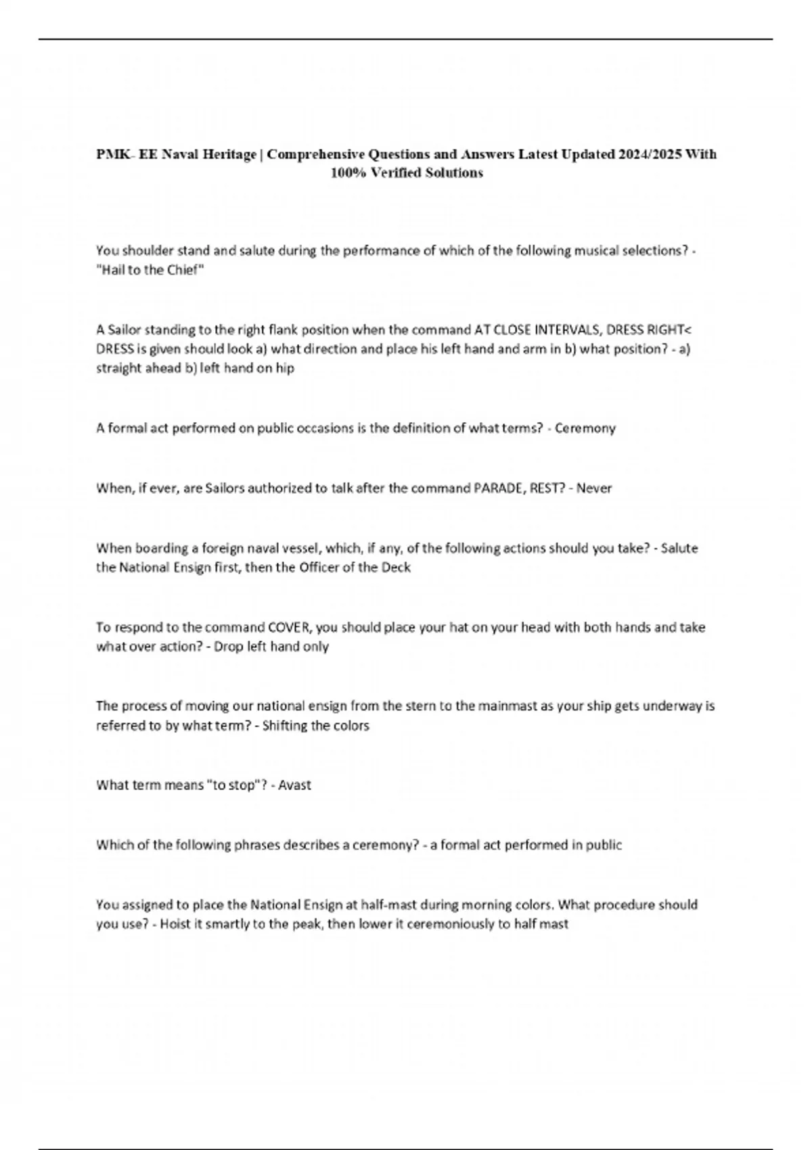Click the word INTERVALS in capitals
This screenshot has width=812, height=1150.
click(x=567, y=330)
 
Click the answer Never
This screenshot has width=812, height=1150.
click(x=594, y=488)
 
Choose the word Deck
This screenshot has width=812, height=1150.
click(x=396, y=568)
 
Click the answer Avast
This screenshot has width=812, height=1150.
click(x=294, y=785)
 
